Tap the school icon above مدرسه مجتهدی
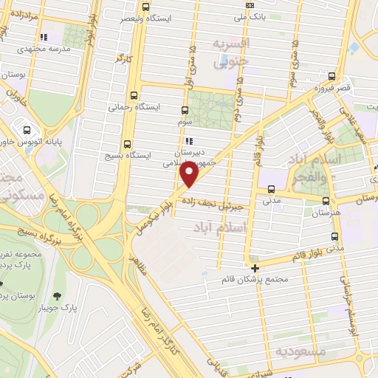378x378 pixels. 44,35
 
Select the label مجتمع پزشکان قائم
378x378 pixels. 254,281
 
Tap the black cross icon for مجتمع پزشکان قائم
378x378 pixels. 255,268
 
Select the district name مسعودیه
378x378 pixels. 299,351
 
